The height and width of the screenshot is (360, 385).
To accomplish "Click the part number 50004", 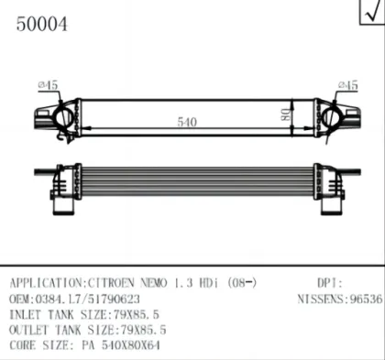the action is (x=41, y=24).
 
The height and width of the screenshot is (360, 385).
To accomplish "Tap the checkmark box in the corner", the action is (x=372, y=12).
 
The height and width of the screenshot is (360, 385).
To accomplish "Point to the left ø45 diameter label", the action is (x=48, y=85).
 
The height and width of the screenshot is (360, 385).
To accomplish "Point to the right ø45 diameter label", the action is (x=348, y=85).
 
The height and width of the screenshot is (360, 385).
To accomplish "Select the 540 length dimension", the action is (x=187, y=122).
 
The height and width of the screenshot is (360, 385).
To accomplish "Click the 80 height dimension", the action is (x=287, y=115).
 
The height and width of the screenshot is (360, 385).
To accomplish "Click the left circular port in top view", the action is (x=63, y=118).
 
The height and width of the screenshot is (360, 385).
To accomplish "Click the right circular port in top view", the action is (x=332, y=118).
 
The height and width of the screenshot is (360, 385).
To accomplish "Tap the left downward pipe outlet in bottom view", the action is (x=63, y=207).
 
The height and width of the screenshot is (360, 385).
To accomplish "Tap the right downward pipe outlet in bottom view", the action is (x=332, y=207).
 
